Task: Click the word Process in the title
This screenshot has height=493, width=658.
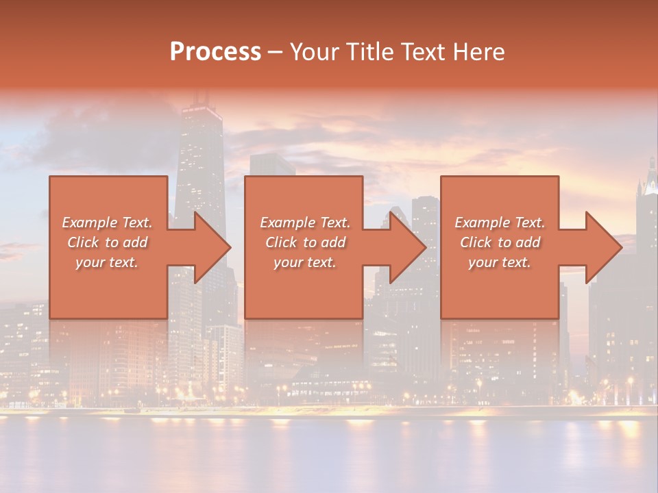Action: tap(215, 51)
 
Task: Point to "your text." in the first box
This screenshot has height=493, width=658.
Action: tap(107, 262)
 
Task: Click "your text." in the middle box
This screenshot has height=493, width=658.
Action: tap(305, 262)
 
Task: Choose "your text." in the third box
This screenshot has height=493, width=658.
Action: tap(500, 262)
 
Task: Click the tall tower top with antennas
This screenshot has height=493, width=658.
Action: tap(199, 103)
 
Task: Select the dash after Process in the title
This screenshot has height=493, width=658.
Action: tap(275, 53)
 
